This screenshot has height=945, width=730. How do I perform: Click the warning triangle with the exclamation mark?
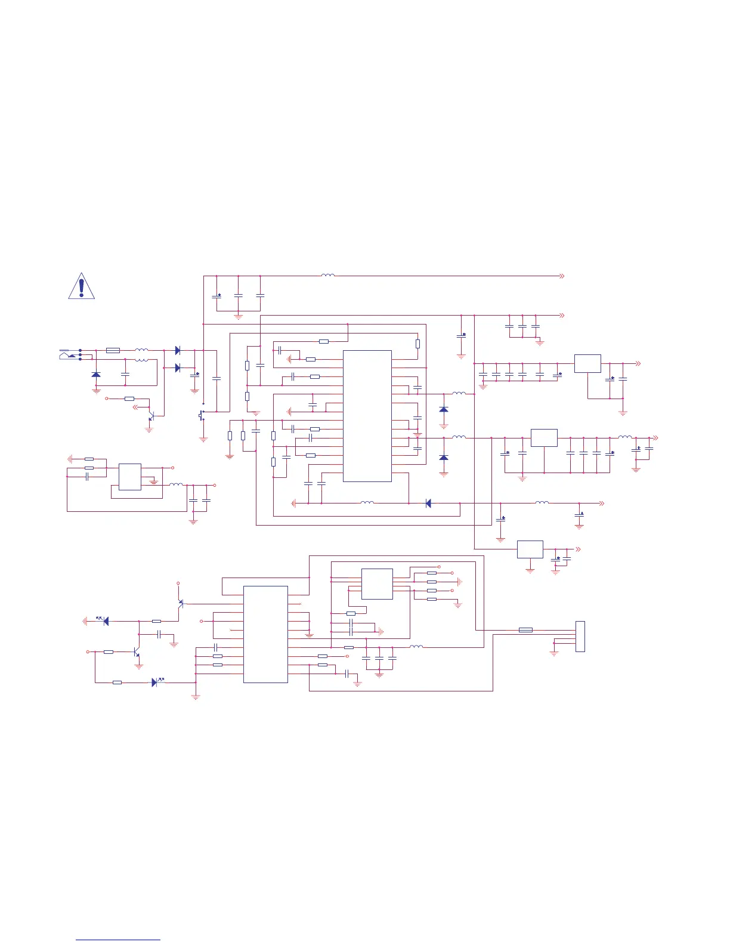tap(81, 286)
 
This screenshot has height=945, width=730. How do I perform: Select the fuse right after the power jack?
tap(113, 350)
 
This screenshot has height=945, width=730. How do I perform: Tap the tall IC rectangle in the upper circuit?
tap(367, 415)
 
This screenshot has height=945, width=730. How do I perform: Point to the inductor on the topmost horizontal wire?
tap(327, 276)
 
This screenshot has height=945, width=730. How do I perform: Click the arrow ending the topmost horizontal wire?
tap(561, 276)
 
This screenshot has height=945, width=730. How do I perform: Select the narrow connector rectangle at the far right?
tap(580, 636)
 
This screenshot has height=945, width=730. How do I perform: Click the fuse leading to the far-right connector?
tap(525, 629)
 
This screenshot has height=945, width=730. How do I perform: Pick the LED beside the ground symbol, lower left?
tap(106, 621)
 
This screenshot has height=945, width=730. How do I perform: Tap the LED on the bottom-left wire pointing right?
tap(154, 682)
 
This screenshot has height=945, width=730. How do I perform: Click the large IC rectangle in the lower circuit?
tap(265, 634)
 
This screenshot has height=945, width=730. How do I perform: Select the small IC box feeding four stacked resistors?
tap(377, 583)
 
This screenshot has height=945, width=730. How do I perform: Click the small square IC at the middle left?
tap(130, 477)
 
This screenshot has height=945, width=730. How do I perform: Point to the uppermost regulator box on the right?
tap(587, 363)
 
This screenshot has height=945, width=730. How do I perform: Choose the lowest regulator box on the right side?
tap(530, 549)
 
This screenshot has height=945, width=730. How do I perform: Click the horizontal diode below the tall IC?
tap(428, 504)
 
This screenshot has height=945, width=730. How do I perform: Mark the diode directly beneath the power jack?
tap(96, 374)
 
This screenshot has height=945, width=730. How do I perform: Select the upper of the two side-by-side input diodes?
tap(177, 350)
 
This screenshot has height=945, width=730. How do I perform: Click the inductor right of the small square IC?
tap(176, 484)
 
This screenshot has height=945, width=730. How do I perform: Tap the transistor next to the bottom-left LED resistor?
tap(137, 653)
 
